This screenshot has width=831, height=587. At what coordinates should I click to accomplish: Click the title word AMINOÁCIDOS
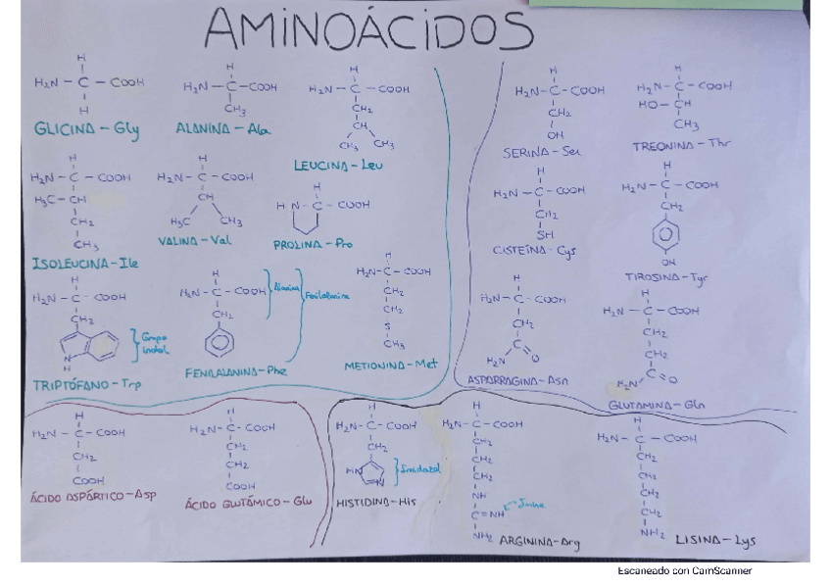[368, 33]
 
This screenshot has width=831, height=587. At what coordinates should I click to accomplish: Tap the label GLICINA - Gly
[86, 129]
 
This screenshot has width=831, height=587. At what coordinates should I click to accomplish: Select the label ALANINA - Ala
[222, 128]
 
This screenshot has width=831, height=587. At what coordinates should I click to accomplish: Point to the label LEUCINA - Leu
[338, 166]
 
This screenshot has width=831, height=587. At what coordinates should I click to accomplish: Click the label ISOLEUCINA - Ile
[85, 264]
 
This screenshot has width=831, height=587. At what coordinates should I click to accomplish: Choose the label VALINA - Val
[195, 240]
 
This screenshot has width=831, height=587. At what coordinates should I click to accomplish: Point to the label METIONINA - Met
[389, 366]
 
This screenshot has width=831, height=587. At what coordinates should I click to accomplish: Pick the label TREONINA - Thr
[682, 145]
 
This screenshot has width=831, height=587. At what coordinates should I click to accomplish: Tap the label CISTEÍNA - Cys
[535, 251]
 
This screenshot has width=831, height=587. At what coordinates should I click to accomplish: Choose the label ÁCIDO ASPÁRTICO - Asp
[94, 496]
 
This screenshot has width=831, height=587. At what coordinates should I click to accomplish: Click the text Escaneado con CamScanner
[685, 570]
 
